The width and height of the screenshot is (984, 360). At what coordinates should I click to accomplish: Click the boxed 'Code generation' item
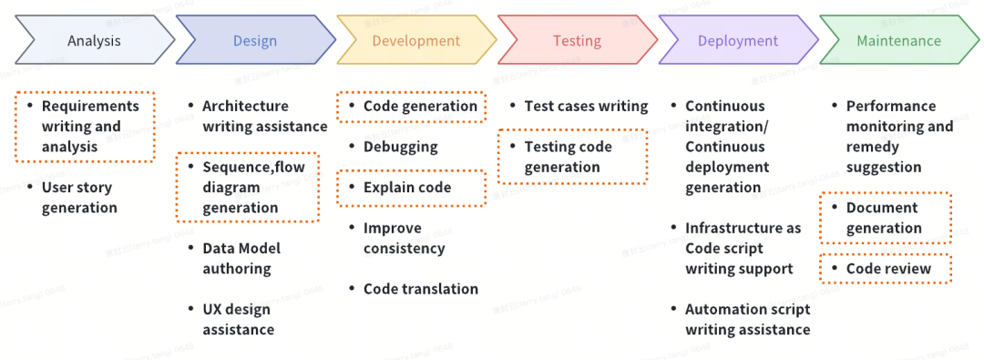click(x=412, y=107)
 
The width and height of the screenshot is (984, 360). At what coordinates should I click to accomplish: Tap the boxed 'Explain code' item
click(x=412, y=188)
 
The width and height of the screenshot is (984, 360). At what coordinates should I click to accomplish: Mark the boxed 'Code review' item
click(x=887, y=269)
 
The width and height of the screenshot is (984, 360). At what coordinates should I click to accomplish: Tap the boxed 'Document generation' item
click(x=887, y=218)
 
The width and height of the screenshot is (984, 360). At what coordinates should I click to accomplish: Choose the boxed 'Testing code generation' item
click(x=572, y=157)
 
